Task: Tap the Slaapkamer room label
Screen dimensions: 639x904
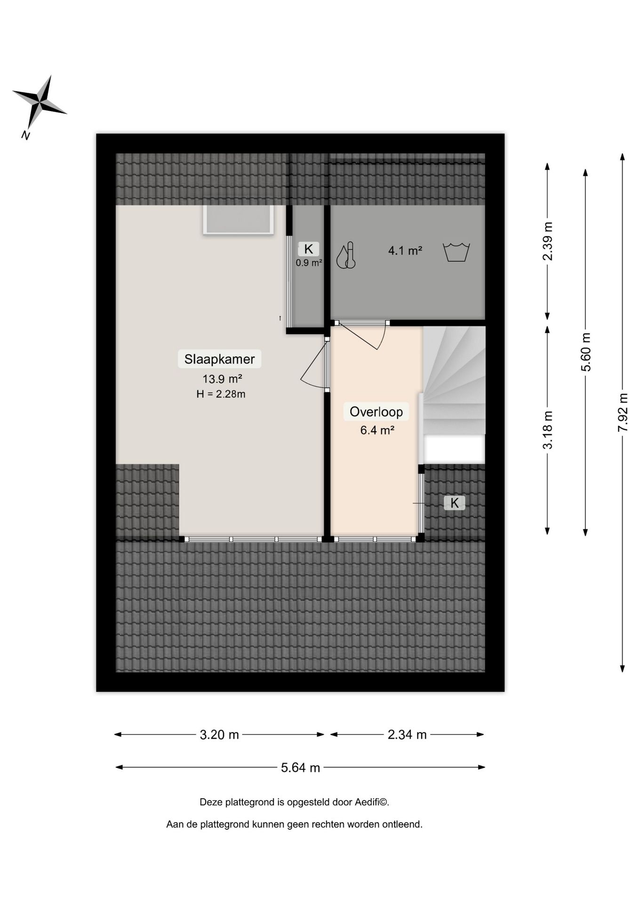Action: tap(219, 359)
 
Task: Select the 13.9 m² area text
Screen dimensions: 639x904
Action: tap(222, 379)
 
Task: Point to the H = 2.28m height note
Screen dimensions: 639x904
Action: tap(221, 394)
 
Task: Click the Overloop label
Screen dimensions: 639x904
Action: tap(376, 412)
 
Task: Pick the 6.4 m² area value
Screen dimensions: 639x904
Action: tap(377, 430)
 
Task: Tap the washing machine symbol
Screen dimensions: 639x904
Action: tap(456, 252)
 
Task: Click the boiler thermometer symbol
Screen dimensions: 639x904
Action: tap(346, 256)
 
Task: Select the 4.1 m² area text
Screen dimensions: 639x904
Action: tap(405, 250)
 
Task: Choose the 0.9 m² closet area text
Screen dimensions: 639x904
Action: tap(309, 263)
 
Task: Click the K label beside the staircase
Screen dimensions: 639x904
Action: tap(455, 503)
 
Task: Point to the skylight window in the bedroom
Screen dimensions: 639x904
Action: tap(238, 219)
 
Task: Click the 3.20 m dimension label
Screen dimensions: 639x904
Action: tap(219, 734)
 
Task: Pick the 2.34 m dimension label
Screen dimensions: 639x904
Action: tap(407, 734)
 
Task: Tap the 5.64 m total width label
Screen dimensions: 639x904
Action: tap(300, 767)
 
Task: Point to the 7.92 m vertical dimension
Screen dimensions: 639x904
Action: tap(623, 412)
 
